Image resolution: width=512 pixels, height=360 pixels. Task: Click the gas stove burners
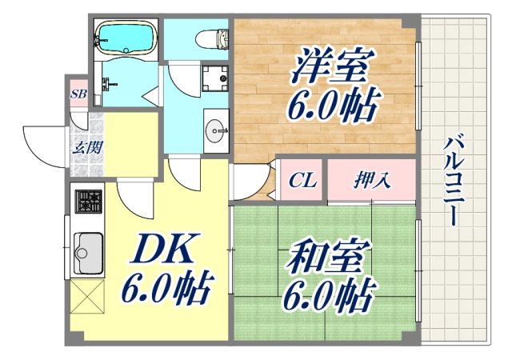point(88,200)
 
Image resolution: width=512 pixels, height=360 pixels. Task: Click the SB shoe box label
point(78,94)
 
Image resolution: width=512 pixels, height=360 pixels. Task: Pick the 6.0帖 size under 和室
point(328,298)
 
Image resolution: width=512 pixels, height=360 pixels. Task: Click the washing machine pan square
point(214,78)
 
